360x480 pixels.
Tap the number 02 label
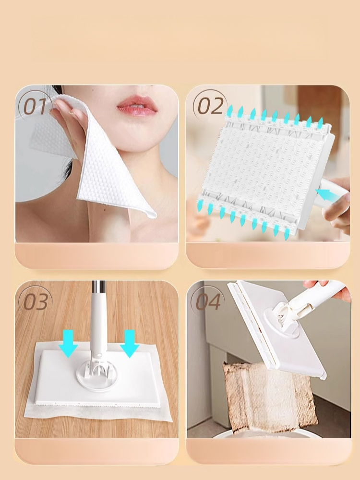click(x=210, y=106)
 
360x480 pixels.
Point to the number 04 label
click(x=208, y=301)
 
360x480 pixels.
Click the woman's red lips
click(x=136, y=106)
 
